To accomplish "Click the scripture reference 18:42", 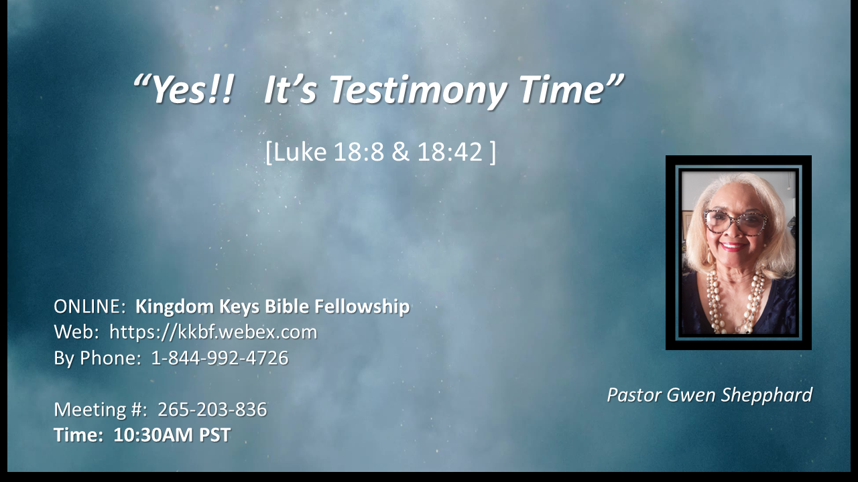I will coord(450,152).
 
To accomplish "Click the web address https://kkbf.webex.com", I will coord(213,332).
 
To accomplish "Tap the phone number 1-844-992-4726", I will coord(220,358).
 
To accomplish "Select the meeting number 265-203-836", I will coord(212,410).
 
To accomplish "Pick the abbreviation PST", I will coord(214,435).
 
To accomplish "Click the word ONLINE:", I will coord(90,307).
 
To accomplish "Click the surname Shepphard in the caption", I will coord(768,395).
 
